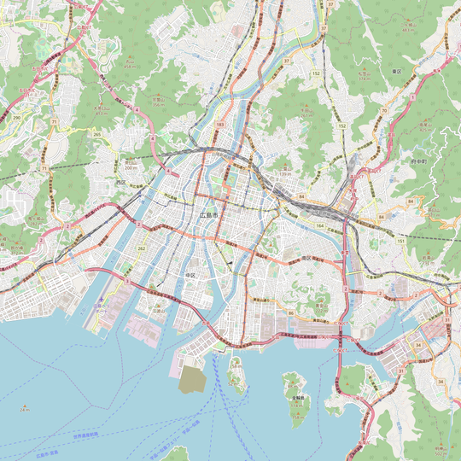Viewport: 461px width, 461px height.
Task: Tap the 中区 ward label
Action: pos(190,275)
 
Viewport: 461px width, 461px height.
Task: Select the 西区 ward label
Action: pos(120,182)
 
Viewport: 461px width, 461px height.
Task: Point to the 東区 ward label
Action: pos(396,71)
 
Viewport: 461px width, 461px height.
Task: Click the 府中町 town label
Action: pos(418,160)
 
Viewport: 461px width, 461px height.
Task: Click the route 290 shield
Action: pos(16,117)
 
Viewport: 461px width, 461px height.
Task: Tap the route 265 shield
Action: pos(96,134)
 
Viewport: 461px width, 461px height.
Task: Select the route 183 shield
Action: pos(220,125)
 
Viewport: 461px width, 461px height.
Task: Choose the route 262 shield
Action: pos(142,248)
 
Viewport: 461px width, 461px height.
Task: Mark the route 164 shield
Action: pos(320,225)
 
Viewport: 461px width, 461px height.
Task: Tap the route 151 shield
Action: pos(400,242)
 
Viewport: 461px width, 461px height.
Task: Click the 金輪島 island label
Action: pos(298,398)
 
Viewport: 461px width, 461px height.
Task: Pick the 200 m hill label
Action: pos(131,166)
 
